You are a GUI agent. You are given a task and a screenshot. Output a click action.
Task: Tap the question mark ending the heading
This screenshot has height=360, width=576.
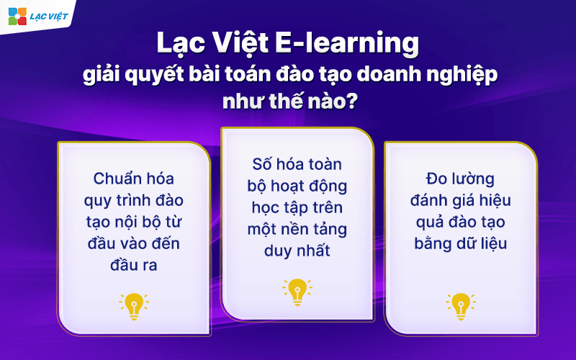pos(352,102)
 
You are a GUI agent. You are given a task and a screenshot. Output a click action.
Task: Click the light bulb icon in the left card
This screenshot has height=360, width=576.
pos(134,306)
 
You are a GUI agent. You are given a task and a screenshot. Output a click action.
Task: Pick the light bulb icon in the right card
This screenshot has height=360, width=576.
pos(460,306)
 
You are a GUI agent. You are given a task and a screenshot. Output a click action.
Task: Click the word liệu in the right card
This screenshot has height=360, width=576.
pos(491,243)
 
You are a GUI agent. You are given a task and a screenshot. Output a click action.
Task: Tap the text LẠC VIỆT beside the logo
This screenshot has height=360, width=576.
pos(45,16)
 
